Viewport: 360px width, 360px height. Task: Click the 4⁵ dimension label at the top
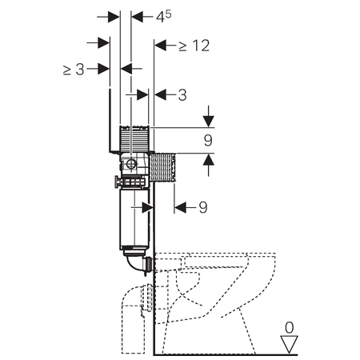coord(163,17)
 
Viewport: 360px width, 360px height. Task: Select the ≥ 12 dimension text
coord(194,46)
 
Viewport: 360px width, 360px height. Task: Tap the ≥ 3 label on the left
coord(74,70)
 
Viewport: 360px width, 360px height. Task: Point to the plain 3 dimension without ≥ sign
coord(182,95)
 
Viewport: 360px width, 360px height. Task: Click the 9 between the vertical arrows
coord(208,140)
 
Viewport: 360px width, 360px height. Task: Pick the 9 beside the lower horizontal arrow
coord(203,207)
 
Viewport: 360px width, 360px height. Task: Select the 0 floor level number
coord(290,328)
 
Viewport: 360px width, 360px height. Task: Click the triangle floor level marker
coord(290,345)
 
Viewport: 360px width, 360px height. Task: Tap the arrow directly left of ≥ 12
coord(164,46)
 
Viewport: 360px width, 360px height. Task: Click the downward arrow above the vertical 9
coord(209,117)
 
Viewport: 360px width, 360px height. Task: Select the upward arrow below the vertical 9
coord(209,166)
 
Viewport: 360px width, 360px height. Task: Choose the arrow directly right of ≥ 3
coord(98,69)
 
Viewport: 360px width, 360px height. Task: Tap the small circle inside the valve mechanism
coord(131,163)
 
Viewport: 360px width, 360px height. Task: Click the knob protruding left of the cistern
coord(117,182)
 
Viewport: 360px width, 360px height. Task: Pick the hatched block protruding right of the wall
coord(162,167)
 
